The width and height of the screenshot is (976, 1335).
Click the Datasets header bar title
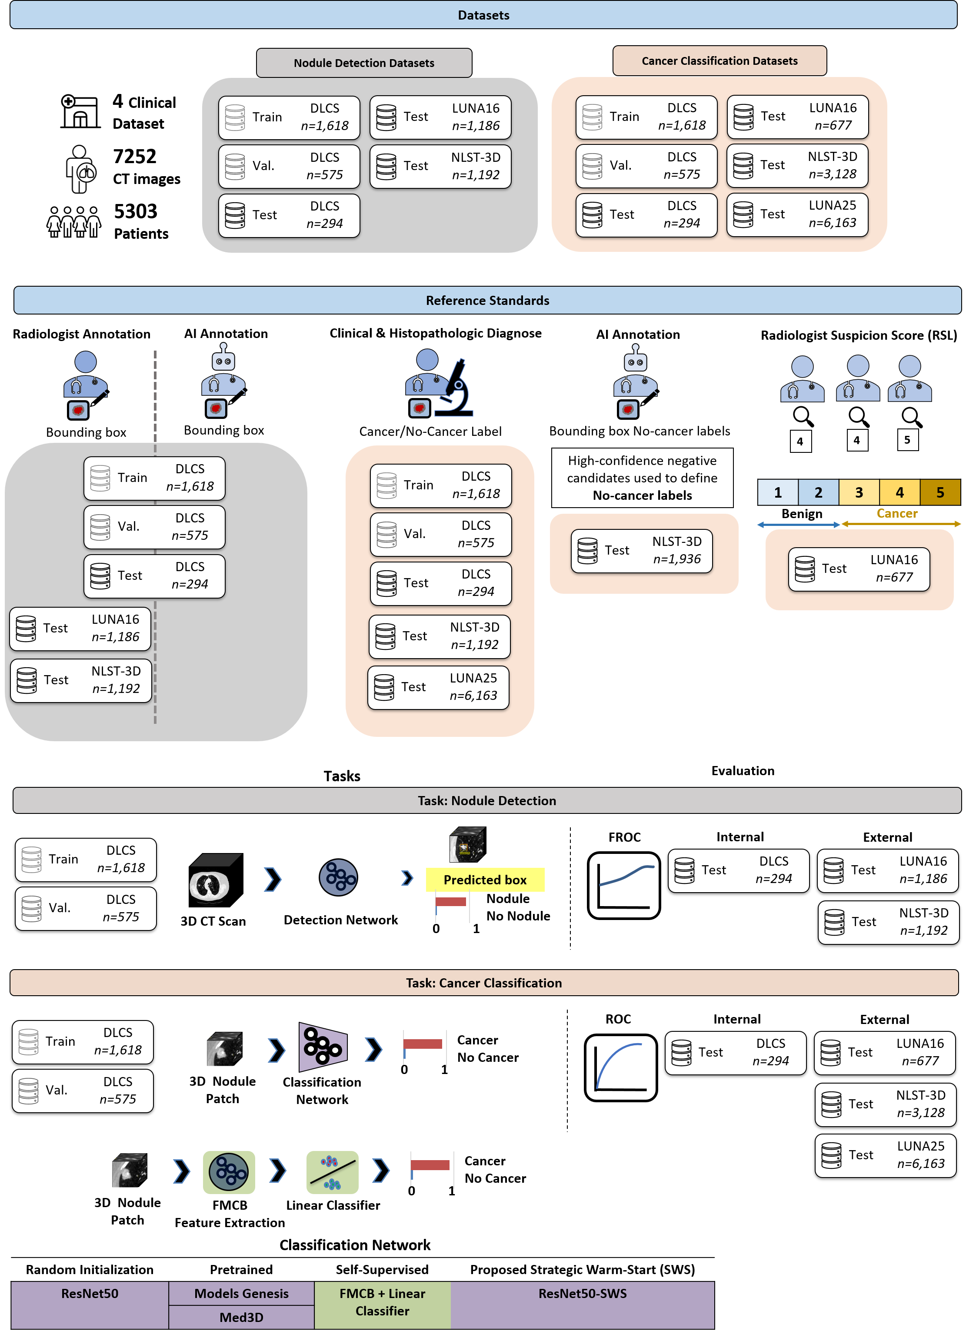[483, 15]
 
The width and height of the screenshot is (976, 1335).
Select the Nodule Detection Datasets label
[364, 63]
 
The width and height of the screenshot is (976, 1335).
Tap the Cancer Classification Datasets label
[719, 61]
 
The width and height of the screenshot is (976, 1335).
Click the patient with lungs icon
[82, 169]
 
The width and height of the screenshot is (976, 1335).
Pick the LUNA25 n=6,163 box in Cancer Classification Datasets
[797, 214]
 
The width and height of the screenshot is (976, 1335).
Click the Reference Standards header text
[487, 300]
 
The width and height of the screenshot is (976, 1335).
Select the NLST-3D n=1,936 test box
[642, 551]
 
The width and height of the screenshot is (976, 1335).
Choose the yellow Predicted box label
[484, 880]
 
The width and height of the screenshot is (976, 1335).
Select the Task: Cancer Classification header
[483, 983]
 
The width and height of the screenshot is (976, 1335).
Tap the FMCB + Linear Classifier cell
[382, 1302]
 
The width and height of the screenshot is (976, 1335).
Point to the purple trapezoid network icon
[322, 1047]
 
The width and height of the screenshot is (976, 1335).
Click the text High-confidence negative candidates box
[642, 478]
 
